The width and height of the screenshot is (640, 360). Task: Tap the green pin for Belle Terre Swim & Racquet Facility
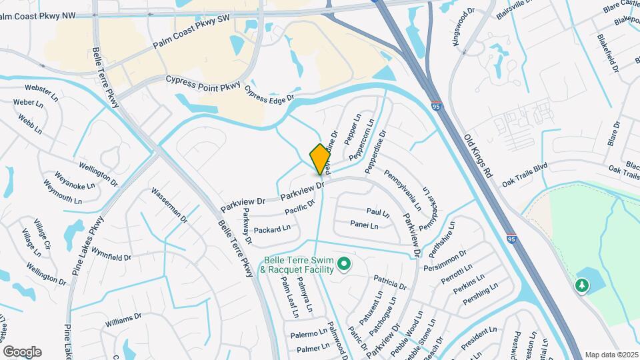(344, 265)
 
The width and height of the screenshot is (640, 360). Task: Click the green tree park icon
(582, 285)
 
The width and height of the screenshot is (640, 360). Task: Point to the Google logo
(22, 352)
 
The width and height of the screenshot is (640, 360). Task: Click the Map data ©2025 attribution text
(610, 355)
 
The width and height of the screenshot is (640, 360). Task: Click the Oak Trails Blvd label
(525, 175)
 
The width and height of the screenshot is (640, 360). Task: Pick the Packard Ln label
(273, 228)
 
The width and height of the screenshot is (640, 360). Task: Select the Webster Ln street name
(39, 89)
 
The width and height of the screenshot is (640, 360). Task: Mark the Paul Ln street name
(377, 212)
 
